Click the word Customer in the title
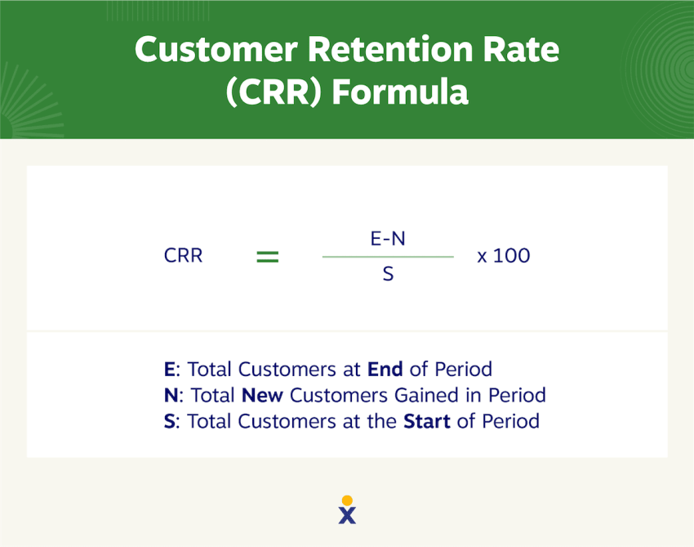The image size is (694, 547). [x=216, y=49]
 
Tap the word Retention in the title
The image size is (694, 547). [x=390, y=49]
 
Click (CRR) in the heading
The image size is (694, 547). [x=274, y=92]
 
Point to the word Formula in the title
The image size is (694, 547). [x=400, y=92]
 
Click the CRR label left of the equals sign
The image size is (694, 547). [x=183, y=256]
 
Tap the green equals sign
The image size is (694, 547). [x=268, y=257]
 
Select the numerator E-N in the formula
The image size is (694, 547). [x=388, y=239]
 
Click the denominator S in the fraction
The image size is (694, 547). [x=388, y=274]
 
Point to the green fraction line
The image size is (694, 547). [x=388, y=257]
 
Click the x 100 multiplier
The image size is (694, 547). [x=504, y=256]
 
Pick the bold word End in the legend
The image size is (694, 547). [x=385, y=369]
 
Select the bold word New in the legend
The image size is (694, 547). [x=262, y=395]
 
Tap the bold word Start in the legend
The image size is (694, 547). [x=427, y=421]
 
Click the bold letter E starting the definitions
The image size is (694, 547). [x=170, y=369]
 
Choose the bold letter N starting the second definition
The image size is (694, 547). [x=171, y=395]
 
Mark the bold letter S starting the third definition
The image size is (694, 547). [x=169, y=421]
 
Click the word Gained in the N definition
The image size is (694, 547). [x=426, y=395]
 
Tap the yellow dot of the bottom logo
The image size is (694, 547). [x=348, y=500]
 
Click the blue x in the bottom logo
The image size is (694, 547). [x=347, y=516]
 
